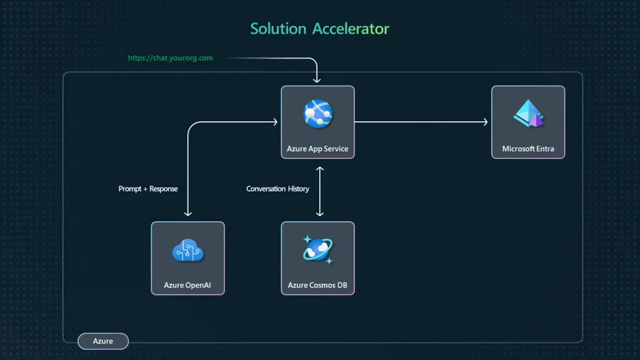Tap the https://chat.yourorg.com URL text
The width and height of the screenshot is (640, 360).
coord(170,58)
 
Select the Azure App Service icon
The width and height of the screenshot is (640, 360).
coord(317,114)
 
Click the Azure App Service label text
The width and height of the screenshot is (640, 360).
coord(317,149)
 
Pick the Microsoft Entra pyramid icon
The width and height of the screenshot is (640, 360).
coord(528,114)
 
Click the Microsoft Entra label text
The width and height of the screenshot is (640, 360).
coord(528,149)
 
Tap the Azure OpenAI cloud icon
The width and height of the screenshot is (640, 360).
coord(187,251)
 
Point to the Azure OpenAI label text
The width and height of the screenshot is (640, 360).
coord(187,285)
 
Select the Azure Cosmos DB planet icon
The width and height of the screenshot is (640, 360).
coord(317,250)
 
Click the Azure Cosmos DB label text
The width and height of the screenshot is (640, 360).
coord(317,285)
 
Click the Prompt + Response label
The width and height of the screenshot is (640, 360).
coord(148,189)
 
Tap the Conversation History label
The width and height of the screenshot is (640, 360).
coord(277,189)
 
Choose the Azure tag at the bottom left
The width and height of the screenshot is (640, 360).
coord(103,341)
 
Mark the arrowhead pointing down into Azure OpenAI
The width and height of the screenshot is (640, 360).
coord(187,214)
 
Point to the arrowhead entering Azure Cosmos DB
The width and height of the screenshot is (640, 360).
coord(320,214)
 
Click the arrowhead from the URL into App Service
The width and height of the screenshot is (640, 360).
coord(317,80)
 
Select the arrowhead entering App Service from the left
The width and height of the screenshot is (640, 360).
coord(275,122)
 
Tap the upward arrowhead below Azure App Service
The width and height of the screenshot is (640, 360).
coord(320,169)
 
